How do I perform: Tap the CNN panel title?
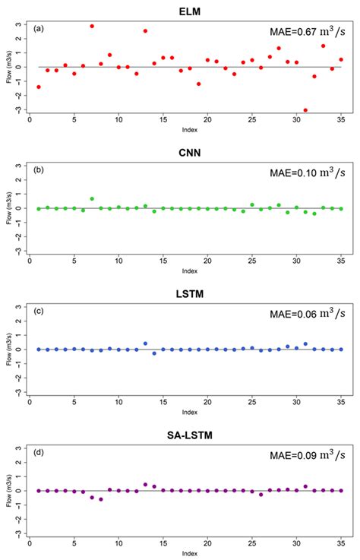[185, 150]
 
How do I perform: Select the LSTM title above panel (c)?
[185, 292]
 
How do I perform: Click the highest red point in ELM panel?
[92, 26]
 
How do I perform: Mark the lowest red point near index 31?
[305, 110]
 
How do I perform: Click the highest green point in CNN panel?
[92, 199]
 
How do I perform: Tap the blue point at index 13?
[145, 343]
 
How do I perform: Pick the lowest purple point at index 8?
[101, 499]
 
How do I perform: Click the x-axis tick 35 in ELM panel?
[341, 120]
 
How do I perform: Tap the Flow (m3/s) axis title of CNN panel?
[8, 208]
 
